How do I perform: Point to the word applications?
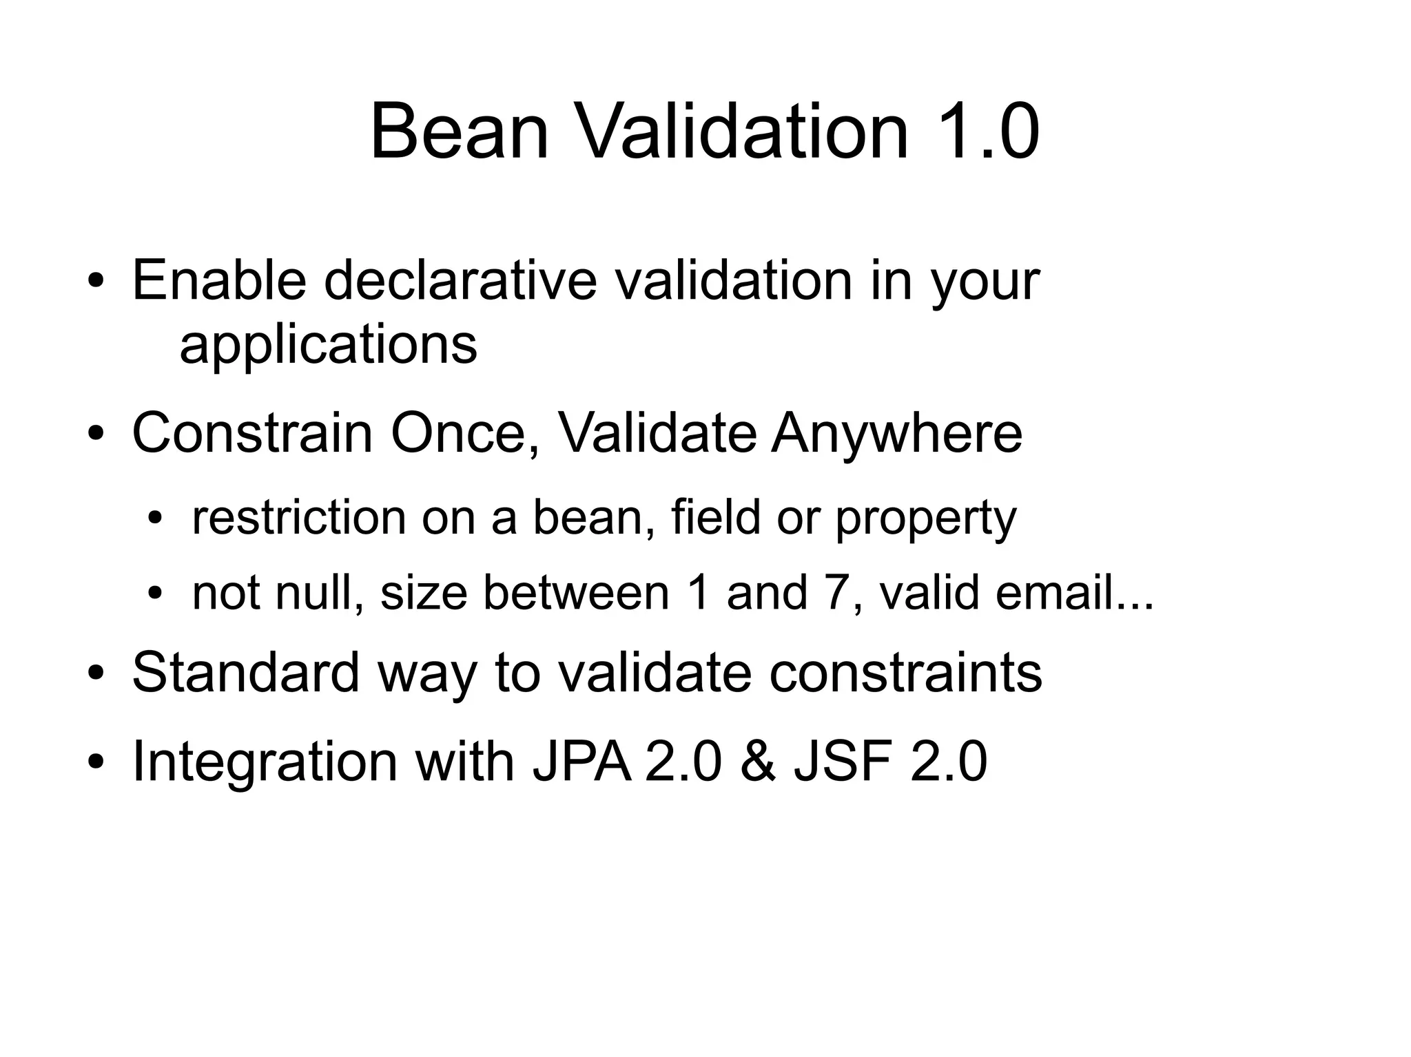point(328,344)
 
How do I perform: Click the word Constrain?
point(251,433)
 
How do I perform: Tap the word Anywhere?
point(896,433)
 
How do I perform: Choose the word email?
point(1054,592)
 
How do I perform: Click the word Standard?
point(245,672)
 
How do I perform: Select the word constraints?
point(905,672)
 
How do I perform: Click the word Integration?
point(265,762)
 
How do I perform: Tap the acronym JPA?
point(581,762)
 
